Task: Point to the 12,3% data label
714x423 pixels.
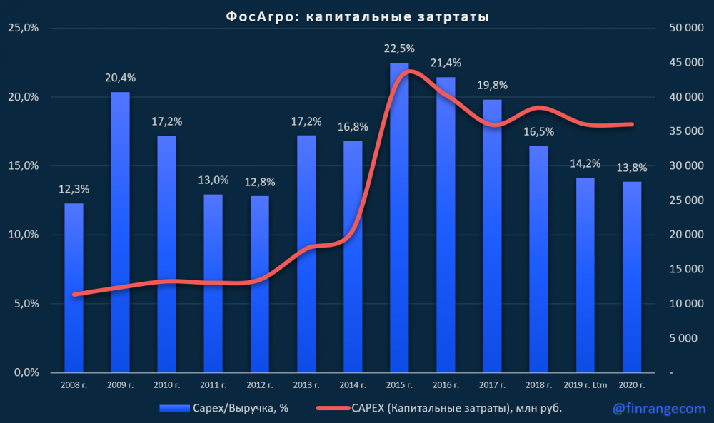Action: pos(74,190)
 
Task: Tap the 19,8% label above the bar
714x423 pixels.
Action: pos(493,86)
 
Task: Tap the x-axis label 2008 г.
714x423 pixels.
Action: pos(74,385)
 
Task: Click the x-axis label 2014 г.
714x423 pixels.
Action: pos(353,385)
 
